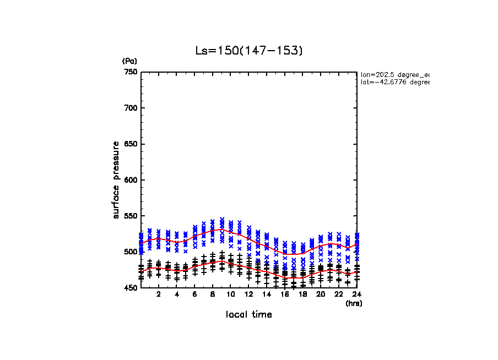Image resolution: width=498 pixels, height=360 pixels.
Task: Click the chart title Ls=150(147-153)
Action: [x=249, y=51]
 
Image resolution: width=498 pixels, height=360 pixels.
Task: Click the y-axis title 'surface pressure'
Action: [x=116, y=179]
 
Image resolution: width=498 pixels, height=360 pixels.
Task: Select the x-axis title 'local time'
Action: [x=249, y=315]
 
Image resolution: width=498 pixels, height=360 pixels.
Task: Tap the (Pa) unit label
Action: [x=129, y=61]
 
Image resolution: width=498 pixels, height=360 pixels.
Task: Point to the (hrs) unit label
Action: [x=353, y=303]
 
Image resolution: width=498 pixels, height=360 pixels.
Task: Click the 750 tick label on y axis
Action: [x=131, y=72]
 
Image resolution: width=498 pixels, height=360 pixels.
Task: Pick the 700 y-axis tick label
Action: [x=131, y=108]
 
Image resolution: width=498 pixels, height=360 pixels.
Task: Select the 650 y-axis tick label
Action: [x=131, y=144]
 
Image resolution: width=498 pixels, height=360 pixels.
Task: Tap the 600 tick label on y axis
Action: [x=131, y=180]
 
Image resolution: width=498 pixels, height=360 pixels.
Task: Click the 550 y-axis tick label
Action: [x=131, y=216]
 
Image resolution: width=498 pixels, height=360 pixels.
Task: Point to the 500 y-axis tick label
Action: [x=131, y=252]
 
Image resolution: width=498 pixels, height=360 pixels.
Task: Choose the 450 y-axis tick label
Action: [x=131, y=288]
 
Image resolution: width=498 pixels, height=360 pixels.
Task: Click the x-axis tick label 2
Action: [x=159, y=295]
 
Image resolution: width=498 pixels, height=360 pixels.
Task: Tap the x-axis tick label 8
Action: [x=213, y=295]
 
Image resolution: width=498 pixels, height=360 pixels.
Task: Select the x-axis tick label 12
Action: [x=248, y=295]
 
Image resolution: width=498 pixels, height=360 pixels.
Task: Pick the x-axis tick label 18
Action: [x=302, y=295]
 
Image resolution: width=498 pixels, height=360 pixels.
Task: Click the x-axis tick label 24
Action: [x=356, y=295]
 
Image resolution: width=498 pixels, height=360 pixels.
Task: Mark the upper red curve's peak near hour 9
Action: [x=221, y=229]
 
